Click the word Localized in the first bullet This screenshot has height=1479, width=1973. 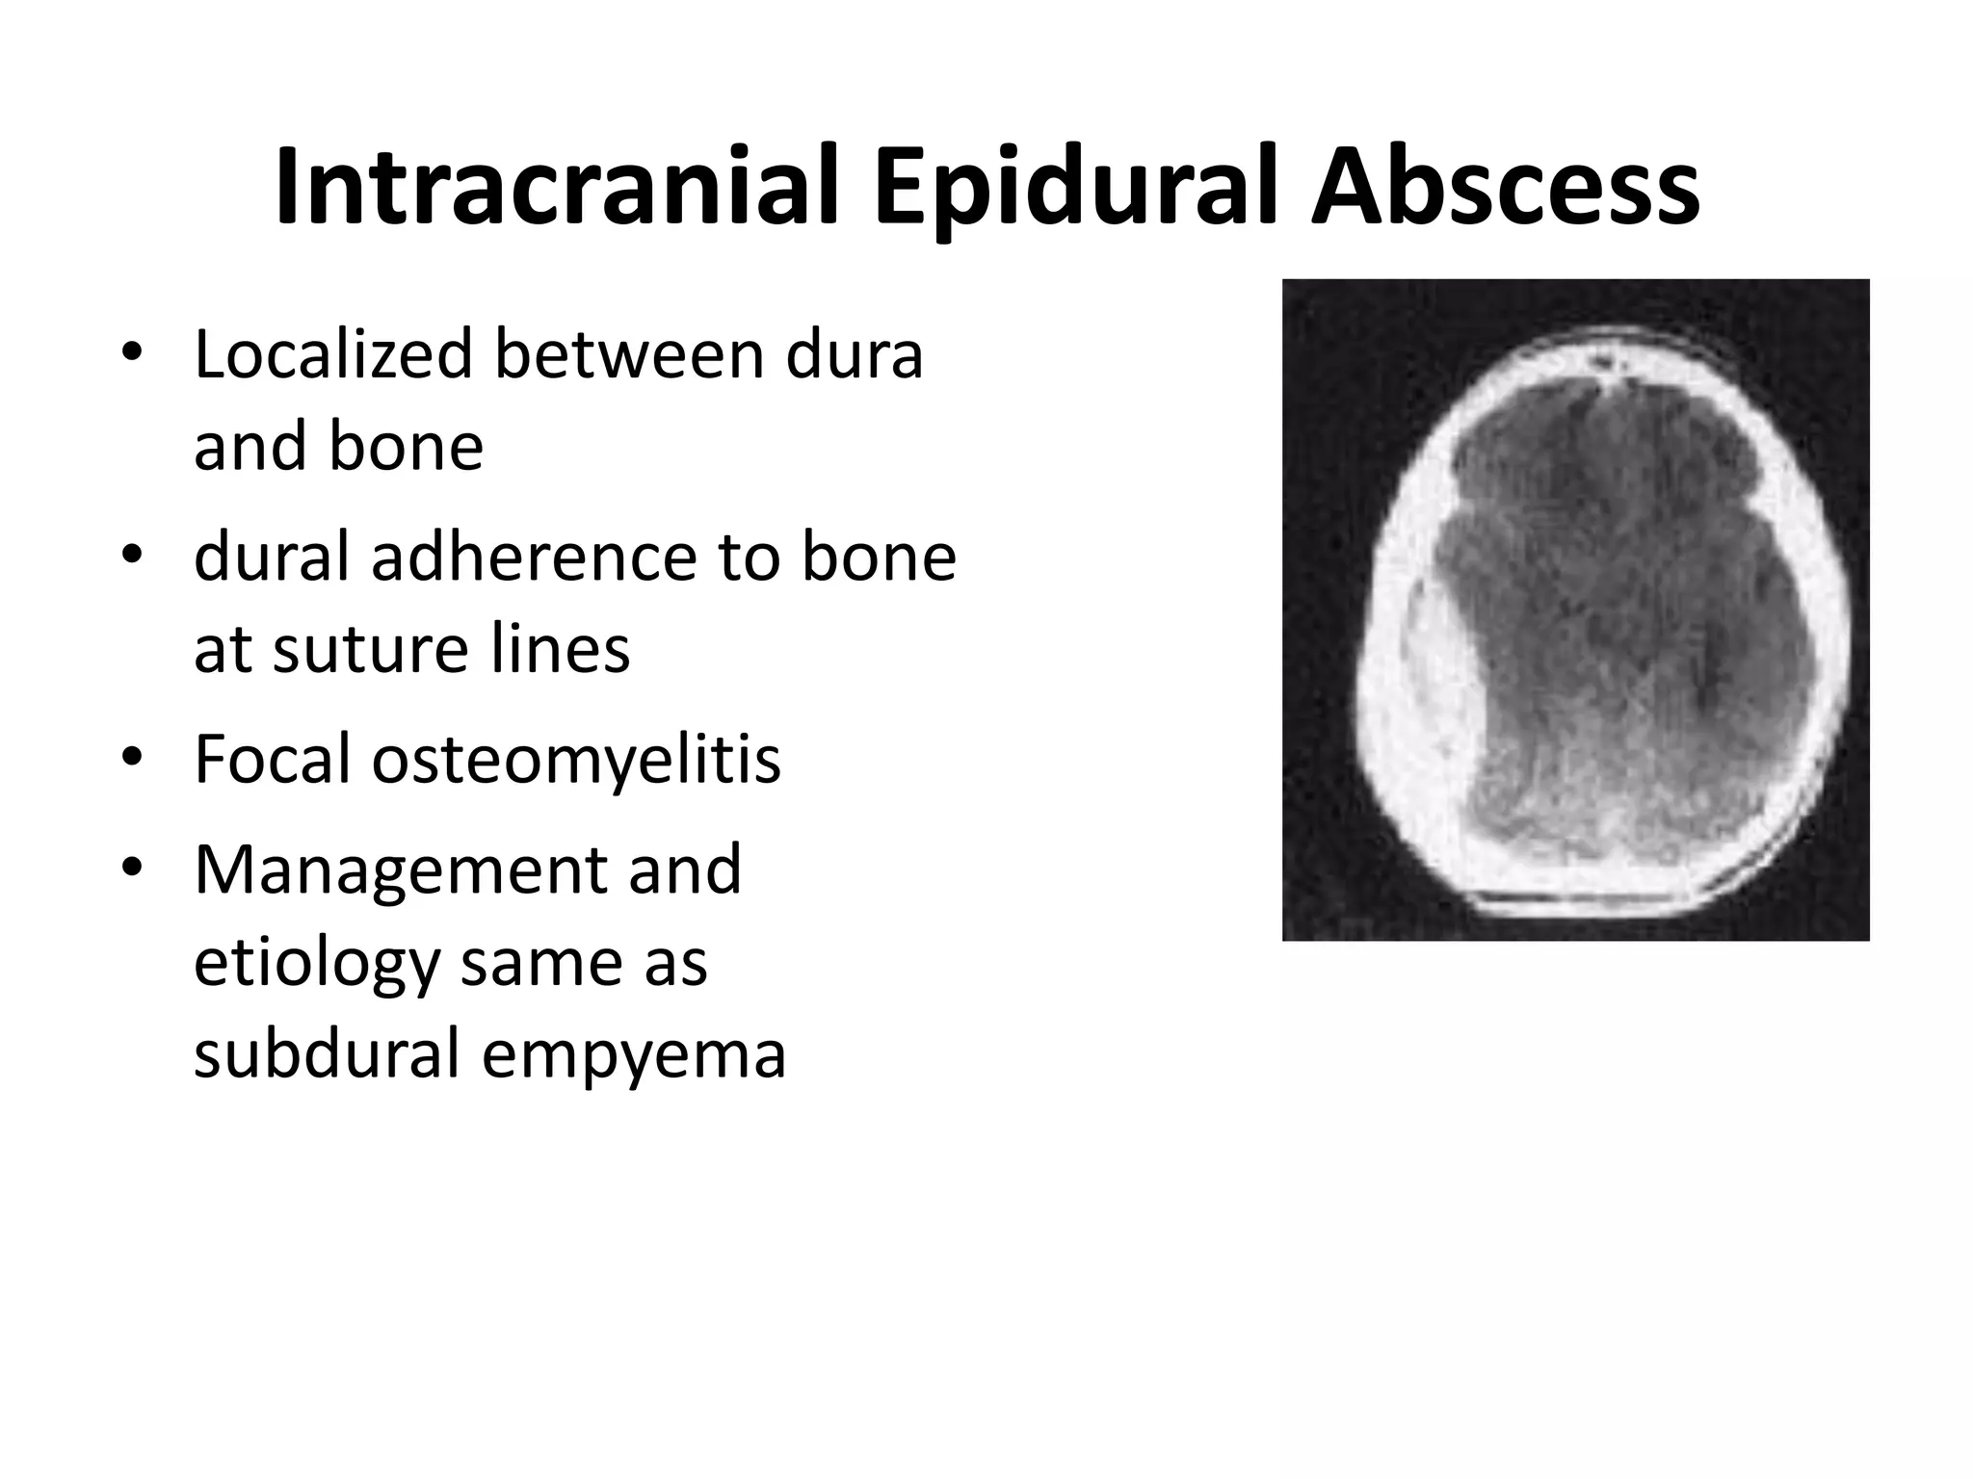(x=333, y=354)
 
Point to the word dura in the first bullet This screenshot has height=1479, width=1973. (x=855, y=354)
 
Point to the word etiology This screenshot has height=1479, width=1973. (x=317, y=963)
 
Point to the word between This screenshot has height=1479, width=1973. (x=629, y=354)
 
